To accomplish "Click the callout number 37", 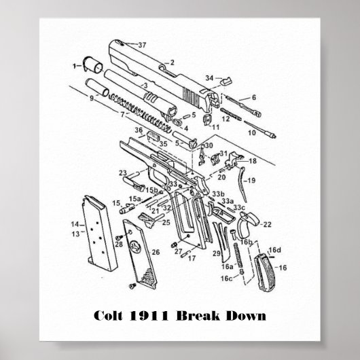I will tap(142, 45).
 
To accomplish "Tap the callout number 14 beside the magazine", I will tap(75, 223).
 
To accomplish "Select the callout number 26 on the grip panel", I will tap(156, 252).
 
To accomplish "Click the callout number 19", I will tap(251, 180).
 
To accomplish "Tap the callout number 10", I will tap(251, 132).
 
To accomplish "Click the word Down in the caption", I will tap(247, 317).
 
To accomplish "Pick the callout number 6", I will tap(253, 97).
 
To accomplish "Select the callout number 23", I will tap(122, 173).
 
